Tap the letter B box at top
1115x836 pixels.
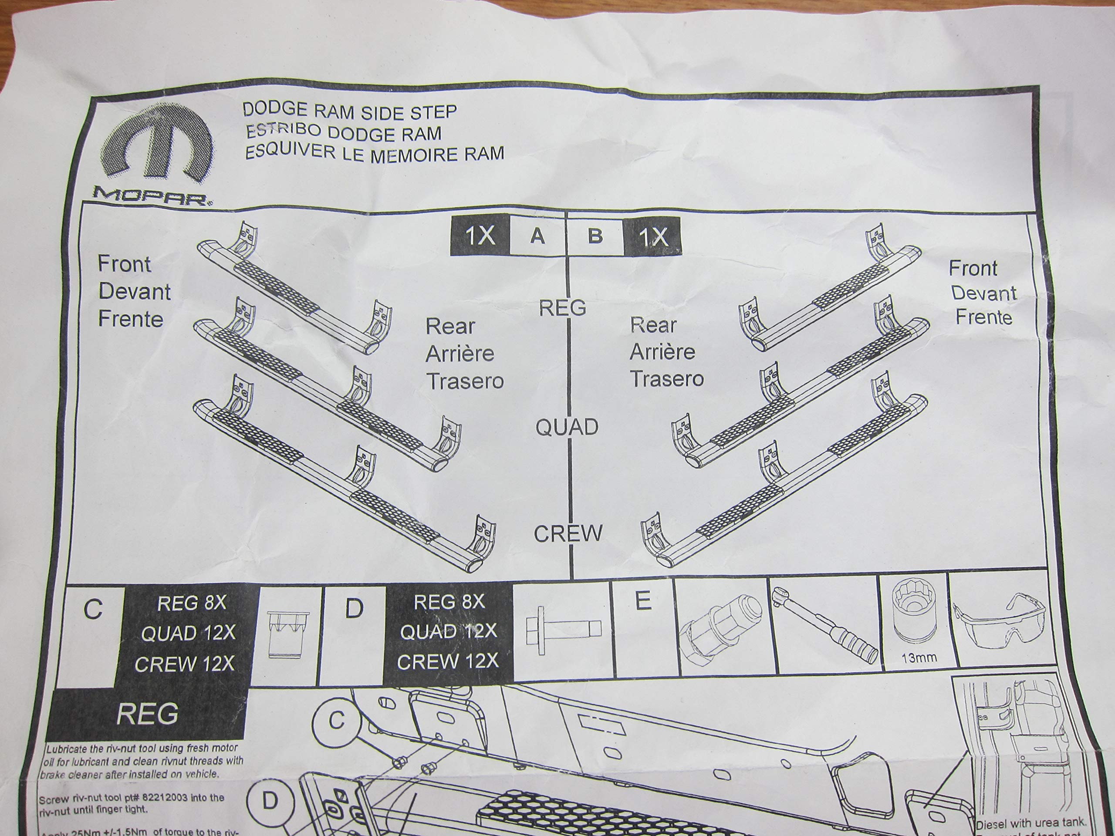595,235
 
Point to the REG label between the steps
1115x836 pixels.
563,308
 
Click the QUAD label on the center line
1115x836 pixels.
567,427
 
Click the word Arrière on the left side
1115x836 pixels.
459,354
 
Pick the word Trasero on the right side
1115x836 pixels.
666,378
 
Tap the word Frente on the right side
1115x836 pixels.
983,317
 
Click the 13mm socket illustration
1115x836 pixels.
913,622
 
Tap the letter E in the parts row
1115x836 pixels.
643,601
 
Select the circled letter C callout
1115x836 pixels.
337,721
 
